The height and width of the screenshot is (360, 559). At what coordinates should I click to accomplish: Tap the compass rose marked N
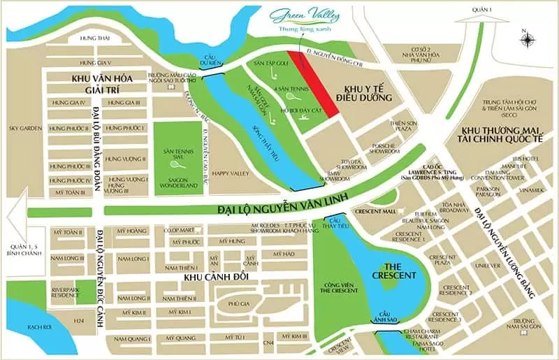click(x=526, y=39)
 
